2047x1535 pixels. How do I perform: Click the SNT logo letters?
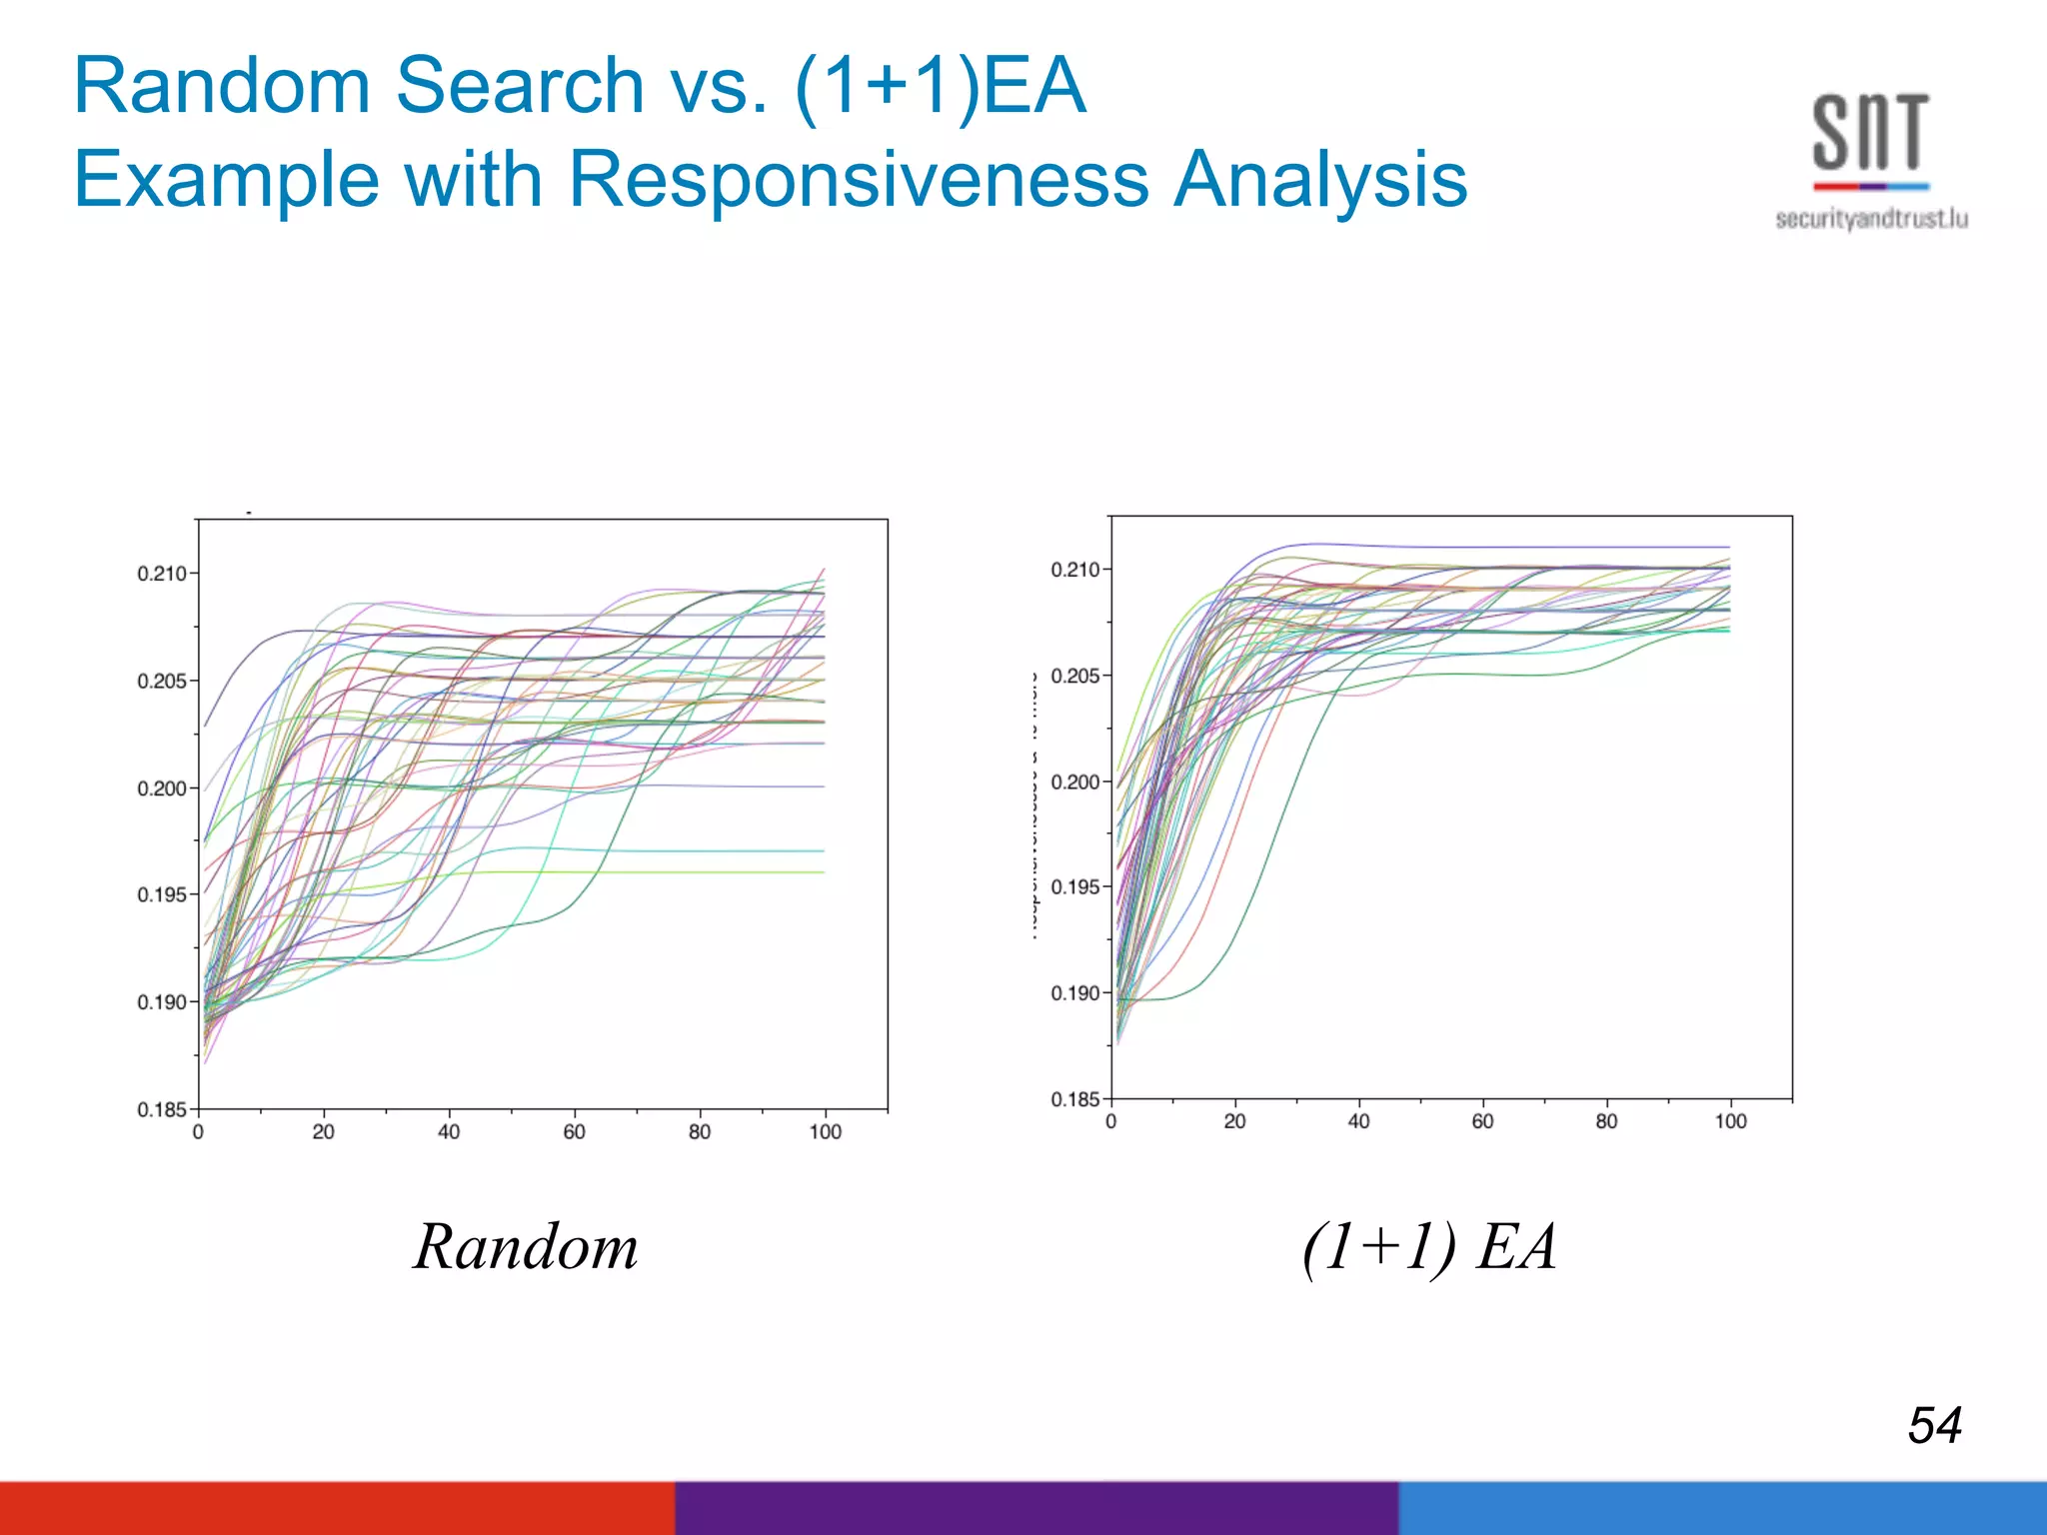1870,132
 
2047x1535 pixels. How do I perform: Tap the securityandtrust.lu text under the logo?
1871,219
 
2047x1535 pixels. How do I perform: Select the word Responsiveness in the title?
859,180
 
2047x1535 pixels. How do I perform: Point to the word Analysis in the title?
1319,180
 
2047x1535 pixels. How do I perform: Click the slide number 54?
1934,1425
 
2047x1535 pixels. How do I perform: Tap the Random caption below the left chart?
526,1247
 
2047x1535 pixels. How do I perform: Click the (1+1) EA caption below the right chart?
1429,1247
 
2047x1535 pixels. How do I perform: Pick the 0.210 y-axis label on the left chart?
161,574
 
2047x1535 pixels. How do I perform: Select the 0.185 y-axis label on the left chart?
161,1109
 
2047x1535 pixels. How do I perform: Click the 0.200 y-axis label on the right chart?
1074,781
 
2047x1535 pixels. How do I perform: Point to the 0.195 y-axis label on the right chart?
1074,887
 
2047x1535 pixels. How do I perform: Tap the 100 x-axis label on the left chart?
825,1132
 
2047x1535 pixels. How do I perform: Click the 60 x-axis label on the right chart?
1482,1122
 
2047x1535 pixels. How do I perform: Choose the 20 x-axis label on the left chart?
323,1132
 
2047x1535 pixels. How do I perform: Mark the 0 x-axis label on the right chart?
1110,1122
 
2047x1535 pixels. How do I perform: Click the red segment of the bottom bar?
337,1508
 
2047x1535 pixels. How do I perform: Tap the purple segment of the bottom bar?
1036,1508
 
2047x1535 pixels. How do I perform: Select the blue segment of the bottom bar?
1722,1508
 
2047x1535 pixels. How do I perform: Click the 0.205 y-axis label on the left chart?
161,682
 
